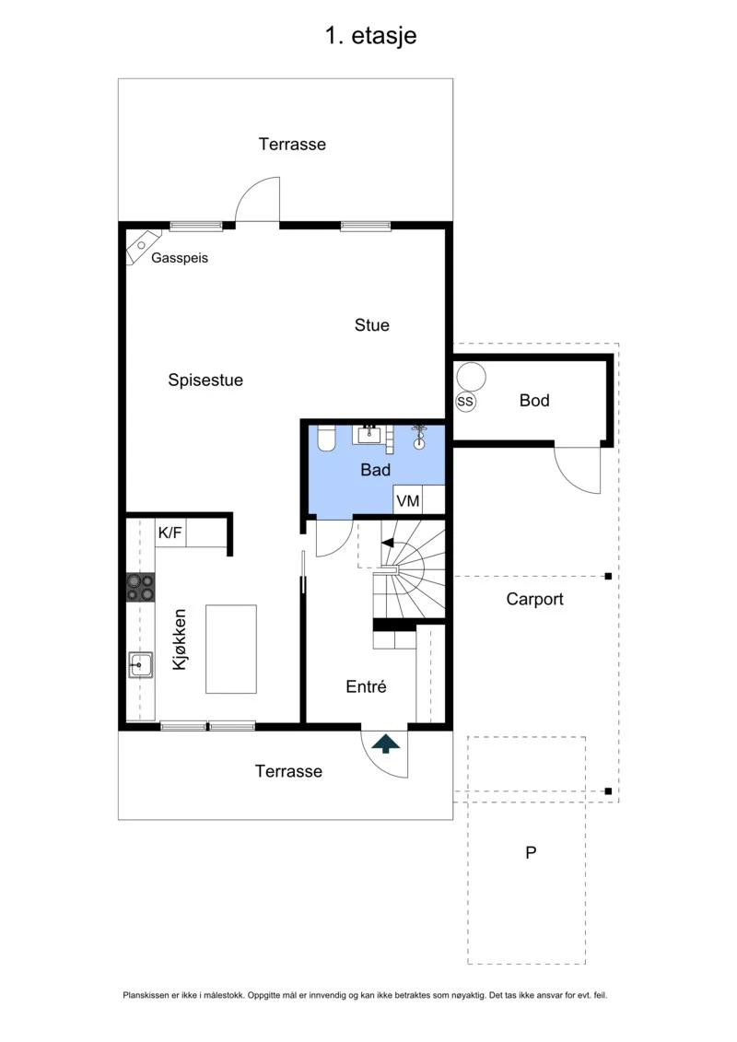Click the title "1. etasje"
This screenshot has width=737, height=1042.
(x=371, y=36)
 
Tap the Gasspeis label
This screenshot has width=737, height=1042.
(x=180, y=258)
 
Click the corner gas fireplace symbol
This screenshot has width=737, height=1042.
(x=143, y=247)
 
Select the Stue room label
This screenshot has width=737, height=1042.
(x=371, y=325)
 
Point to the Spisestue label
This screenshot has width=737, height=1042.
(x=205, y=381)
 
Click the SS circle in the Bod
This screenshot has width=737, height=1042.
(x=465, y=402)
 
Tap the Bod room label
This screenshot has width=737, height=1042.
(x=534, y=400)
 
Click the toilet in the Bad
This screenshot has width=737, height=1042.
(x=325, y=439)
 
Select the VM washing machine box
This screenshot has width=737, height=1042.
(x=407, y=499)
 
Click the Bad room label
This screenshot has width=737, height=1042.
(x=376, y=470)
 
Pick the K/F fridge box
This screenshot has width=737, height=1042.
(x=170, y=533)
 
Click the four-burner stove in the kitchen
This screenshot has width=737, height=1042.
(x=140, y=588)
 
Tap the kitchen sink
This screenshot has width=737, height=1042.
(x=140, y=664)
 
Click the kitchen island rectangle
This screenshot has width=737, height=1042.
(x=231, y=650)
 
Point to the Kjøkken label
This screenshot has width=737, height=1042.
(x=180, y=639)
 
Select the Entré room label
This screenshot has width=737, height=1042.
(x=366, y=686)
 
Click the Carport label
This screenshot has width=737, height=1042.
(x=535, y=599)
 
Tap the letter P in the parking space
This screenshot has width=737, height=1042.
(x=531, y=852)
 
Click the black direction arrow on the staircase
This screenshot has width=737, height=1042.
(x=388, y=543)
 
